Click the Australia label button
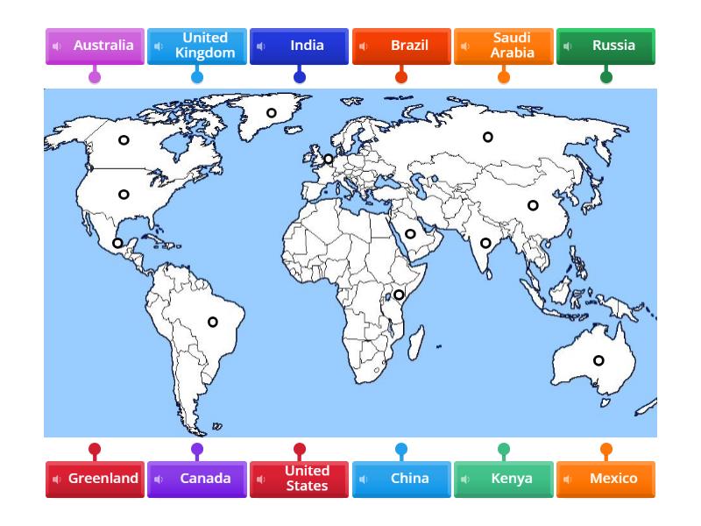click(95, 46)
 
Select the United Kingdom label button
click(197, 46)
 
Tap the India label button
click(299, 46)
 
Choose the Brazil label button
click(401, 46)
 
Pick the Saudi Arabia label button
click(504, 46)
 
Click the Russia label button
click(605, 46)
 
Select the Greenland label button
click(95, 479)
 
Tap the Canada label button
click(197, 479)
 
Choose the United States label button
click(299, 479)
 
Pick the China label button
click(401, 479)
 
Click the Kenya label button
click(504, 479)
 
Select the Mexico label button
click(605, 479)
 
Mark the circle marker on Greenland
click(272, 113)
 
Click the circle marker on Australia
click(598, 360)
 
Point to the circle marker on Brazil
click(212, 323)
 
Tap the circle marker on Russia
click(488, 137)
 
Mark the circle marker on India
click(485, 244)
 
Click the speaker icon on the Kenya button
click(465, 480)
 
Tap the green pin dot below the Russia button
click(605, 77)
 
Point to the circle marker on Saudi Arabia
click(410, 234)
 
